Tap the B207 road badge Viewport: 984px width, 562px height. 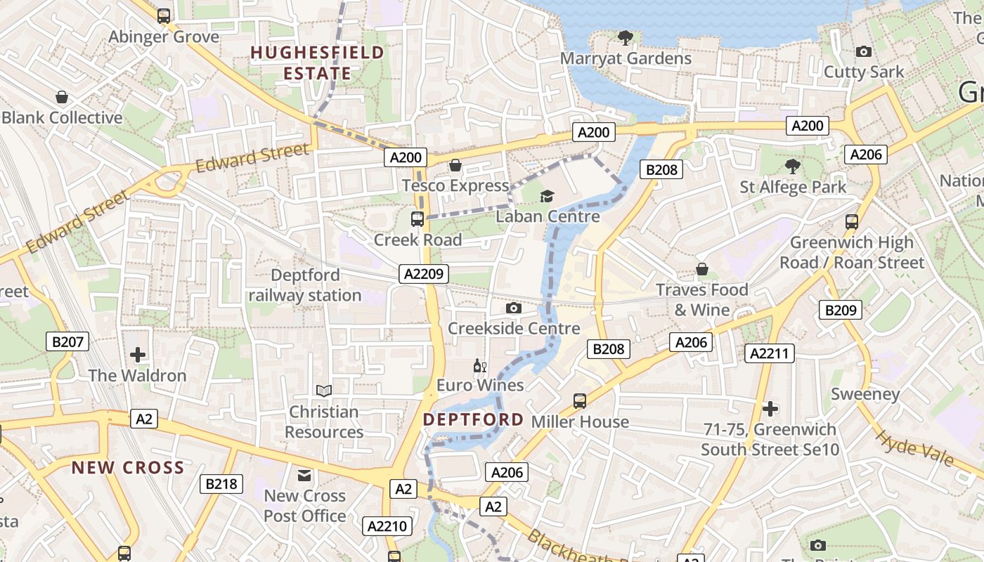coord(68,342)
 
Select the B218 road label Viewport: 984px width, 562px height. coord(221,483)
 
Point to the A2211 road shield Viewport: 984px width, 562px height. coord(770,353)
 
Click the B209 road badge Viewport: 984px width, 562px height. coord(841,309)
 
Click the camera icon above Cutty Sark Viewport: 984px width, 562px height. coord(863,51)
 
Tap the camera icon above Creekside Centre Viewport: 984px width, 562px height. coord(514,308)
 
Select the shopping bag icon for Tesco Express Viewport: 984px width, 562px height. coord(455,165)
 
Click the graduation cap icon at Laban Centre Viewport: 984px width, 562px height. coord(547,196)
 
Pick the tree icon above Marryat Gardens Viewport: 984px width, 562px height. coord(625,37)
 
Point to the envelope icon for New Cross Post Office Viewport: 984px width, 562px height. coord(304,476)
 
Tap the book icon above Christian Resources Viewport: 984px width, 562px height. coord(323,391)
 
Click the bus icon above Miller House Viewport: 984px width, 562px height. coord(580,401)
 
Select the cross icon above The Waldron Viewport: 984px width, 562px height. coord(138,354)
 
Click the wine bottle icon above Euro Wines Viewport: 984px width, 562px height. coord(480,365)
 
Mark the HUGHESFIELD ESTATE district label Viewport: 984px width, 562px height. coord(318,63)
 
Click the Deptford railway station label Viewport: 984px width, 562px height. coord(305,285)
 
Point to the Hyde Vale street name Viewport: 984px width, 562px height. coord(914,448)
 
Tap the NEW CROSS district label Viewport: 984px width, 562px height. coord(128,468)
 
